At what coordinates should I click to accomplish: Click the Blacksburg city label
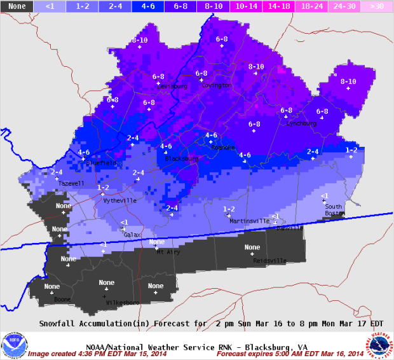pyautogui.click(x=182, y=158)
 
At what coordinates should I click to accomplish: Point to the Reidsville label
pyautogui.click(x=269, y=260)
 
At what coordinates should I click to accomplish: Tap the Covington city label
pyautogui.click(x=217, y=85)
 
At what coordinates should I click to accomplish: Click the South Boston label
pyautogui.click(x=334, y=210)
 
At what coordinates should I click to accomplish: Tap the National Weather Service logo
pyautogui.click(x=379, y=345)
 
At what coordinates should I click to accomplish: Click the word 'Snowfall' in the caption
pyautogui.click(x=59, y=323)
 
